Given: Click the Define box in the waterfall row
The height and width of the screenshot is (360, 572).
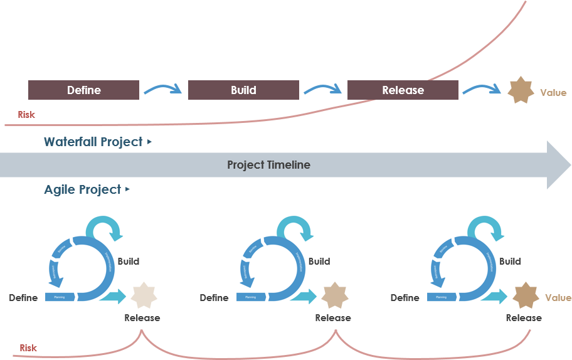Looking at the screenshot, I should point(83,90).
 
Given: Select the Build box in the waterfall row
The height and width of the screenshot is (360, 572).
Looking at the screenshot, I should point(243,90).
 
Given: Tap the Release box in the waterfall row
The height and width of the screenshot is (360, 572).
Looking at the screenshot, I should point(403,90).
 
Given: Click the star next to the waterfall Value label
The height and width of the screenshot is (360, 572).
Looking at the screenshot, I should point(521,91).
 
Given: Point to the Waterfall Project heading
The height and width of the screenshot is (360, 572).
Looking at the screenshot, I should point(93,142).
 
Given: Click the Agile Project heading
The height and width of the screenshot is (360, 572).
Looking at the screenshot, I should point(83,189).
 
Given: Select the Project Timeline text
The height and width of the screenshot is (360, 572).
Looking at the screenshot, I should point(268,165).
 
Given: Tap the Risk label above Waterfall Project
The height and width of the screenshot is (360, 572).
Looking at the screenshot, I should point(26,115).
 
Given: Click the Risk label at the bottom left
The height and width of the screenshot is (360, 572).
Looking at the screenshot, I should point(28,347).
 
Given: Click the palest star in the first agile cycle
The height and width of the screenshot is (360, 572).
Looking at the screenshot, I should point(142,295).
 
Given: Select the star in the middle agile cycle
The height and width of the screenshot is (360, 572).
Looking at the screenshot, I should point(334,295).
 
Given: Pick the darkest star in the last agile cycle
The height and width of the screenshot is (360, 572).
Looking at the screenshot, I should point(526,295).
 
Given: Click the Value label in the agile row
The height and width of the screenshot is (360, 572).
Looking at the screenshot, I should point(558,298).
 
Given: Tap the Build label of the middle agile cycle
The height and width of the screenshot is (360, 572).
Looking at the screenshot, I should point(319,261).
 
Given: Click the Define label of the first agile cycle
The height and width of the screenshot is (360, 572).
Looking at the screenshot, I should point(23,298).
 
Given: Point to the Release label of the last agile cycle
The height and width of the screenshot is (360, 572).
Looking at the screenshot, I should point(524,318).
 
